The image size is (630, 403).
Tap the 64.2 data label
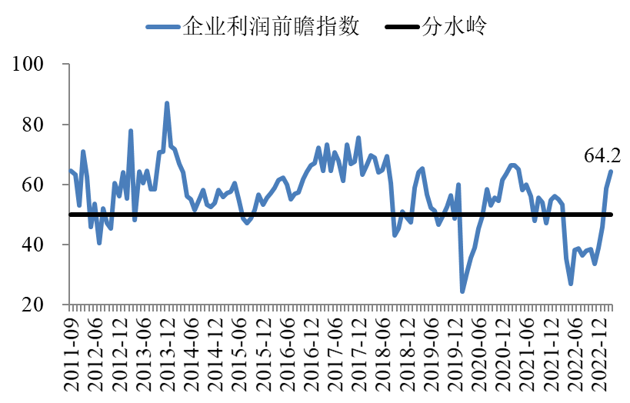602,156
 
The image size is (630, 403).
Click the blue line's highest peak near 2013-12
167,103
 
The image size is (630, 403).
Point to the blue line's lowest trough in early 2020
462,291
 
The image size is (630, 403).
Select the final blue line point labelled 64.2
612,171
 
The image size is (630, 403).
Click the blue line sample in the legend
162,27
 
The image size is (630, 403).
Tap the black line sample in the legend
401,27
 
